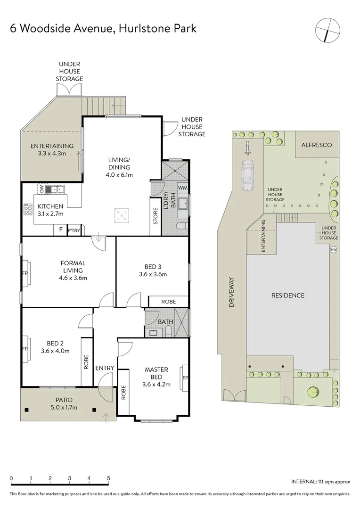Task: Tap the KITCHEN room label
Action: point(50,206)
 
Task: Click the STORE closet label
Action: point(155,215)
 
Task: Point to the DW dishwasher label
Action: point(41,189)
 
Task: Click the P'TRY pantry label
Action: point(74,230)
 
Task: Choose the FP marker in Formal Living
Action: point(25,273)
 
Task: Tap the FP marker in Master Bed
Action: point(185,378)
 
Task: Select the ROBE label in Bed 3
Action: point(168,302)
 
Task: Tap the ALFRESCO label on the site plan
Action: point(317,145)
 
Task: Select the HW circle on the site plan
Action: point(334,249)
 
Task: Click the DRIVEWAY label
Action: point(231,292)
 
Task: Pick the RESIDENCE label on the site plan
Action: point(287,296)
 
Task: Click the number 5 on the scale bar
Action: point(109,477)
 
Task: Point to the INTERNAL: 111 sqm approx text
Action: point(320,482)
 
